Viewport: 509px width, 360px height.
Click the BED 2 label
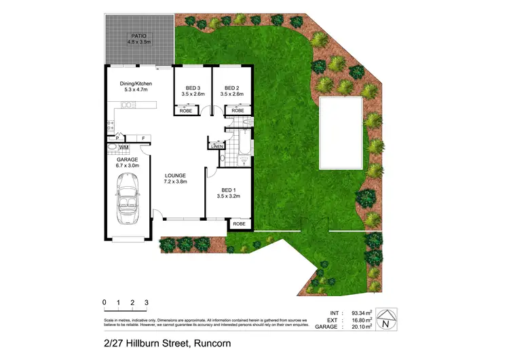pyautogui.click(x=232, y=88)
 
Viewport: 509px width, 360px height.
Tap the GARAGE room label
pyautogui.click(x=127, y=160)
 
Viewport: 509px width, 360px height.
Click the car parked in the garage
pyautogui.click(x=128, y=198)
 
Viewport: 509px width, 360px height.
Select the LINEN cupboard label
pyautogui.click(x=217, y=146)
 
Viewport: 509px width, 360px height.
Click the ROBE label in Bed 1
pyautogui.click(x=239, y=223)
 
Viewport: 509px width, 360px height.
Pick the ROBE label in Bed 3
pyautogui.click(x=185, y=110)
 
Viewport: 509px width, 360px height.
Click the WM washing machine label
pyautogui.click(x=124, y=147)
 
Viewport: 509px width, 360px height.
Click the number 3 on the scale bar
pyautogui.click(x=146, y=302)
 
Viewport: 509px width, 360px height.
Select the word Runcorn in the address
pyautogui.click(x=211, y=343)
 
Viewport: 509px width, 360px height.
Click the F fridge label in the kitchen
pyautogui.click(x=143, y=139)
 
